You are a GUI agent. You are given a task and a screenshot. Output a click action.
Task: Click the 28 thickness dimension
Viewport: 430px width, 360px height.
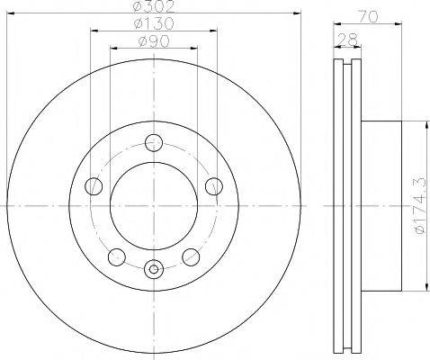pos(345,40)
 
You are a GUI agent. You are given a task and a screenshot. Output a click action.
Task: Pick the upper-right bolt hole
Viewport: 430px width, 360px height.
pos(213,186)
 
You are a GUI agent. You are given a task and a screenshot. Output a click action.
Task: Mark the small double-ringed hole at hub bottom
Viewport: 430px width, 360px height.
pos(154,267)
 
